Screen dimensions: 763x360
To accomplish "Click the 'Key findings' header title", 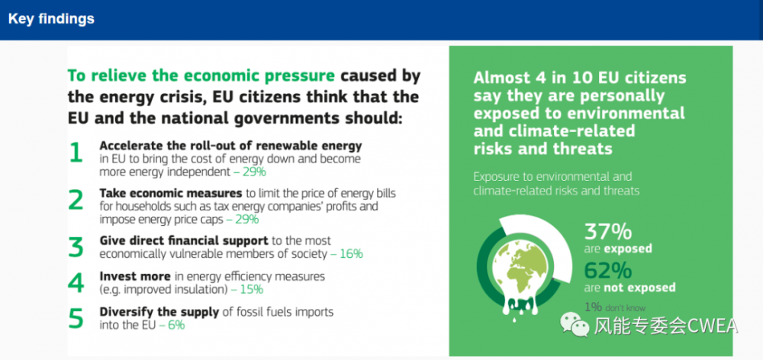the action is (x=51, y=19).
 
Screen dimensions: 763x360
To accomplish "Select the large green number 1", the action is (x=76, y=153).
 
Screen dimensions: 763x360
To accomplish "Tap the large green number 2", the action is (x=76, y=200).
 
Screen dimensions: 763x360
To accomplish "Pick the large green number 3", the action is (x=76, y=246).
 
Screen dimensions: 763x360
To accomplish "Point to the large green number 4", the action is (x=76, y=283).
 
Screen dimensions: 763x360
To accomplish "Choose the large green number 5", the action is (x=76, y=318).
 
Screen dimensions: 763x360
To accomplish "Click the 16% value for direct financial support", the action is (x=350, y=254).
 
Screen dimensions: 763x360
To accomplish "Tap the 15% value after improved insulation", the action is (x=252, y=290).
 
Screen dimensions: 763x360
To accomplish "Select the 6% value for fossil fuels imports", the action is (x=176, y=325).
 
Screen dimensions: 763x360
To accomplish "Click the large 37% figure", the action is (x=608, y=232).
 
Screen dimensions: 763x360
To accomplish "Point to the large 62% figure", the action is (x=608, y=271).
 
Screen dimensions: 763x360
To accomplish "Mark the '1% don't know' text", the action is (x=614, y=307).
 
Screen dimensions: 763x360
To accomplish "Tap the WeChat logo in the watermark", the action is (x=575, y=324).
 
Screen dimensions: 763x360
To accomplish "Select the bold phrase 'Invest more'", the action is (x=135, y=276).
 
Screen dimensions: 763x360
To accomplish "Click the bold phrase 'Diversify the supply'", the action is (x=159, y=312).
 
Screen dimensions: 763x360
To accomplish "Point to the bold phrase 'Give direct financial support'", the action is (x=184, y=241).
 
